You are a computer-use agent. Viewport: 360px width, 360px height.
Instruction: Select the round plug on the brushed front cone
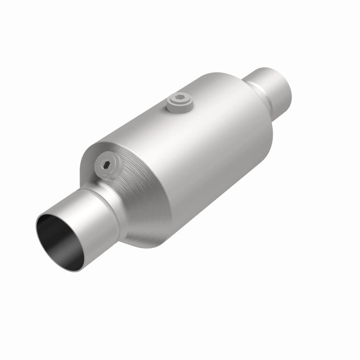108,166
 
